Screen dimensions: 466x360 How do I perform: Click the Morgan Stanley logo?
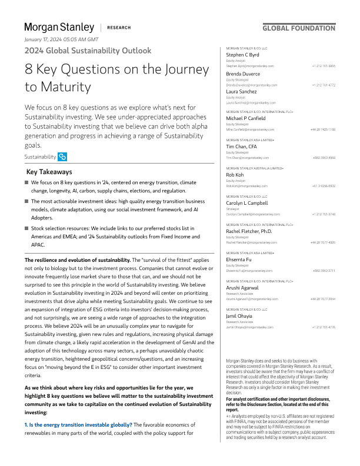[x=59, y=27]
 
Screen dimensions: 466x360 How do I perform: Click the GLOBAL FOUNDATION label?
[x=299, y=28]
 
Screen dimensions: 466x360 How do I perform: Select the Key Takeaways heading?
[x=49, y=172]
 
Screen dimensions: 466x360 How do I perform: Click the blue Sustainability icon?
[x=63, y=157]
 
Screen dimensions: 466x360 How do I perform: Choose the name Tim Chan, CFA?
[x=242, y=147]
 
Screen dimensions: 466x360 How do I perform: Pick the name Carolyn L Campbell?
[x=248, y=204]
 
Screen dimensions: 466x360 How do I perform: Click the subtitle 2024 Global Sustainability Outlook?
[x=88, y=51]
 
